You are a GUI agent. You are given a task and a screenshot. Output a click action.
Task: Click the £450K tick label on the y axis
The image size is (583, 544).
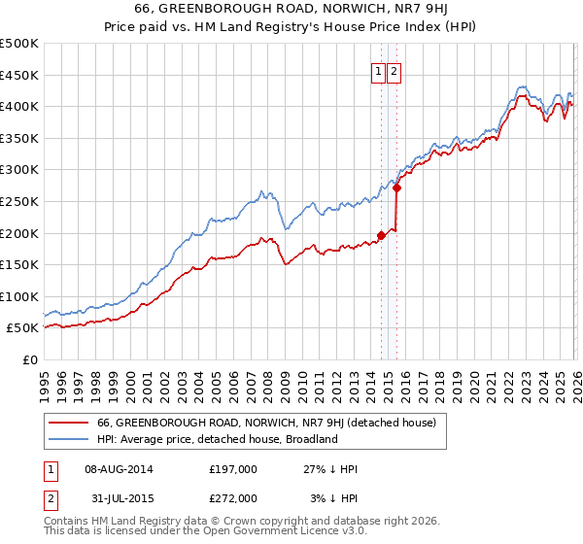tap(19, 75)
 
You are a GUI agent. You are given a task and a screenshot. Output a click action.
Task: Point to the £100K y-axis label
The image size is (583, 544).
tap(19, 296)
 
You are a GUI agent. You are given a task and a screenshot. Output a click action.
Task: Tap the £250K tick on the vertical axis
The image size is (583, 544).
tap(19, 201)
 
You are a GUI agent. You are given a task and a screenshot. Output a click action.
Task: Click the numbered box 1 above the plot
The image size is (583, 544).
tap(377, 70)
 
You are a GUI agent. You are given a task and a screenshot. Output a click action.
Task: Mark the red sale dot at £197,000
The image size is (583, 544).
tap(381, 234)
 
